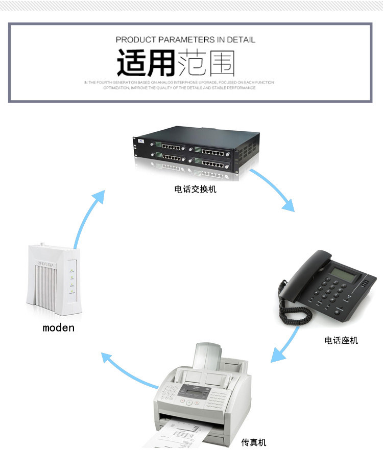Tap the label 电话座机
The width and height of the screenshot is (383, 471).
[x=341, y=340]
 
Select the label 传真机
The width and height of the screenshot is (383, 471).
[x=254, y=442]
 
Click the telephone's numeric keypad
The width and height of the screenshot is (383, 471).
[x=331, y=291]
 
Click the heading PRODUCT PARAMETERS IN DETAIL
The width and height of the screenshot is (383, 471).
[x=185, y=39]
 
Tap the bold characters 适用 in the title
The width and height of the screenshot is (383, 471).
[x=146, y=63]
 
